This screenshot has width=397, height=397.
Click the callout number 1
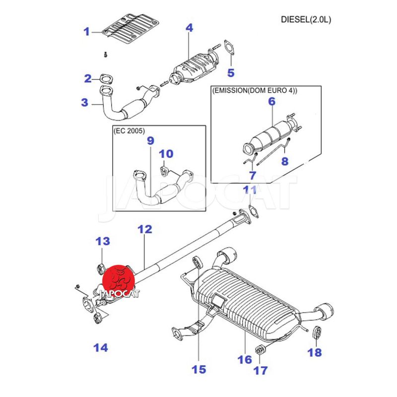coord(87,32)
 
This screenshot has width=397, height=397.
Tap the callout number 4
coord(189,28)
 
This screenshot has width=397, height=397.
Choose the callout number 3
coord(85,103)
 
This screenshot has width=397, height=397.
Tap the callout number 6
coord(271,102)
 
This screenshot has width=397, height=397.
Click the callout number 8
coord(285,161)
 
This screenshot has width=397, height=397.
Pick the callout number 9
coord(151,142)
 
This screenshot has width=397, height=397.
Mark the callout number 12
coord(144,229)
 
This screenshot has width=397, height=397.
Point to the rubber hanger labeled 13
coord(99,269)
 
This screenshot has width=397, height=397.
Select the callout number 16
coord(245,359)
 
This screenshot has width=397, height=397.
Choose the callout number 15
coord(198,369)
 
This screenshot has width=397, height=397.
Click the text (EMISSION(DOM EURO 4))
coord(255,91)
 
